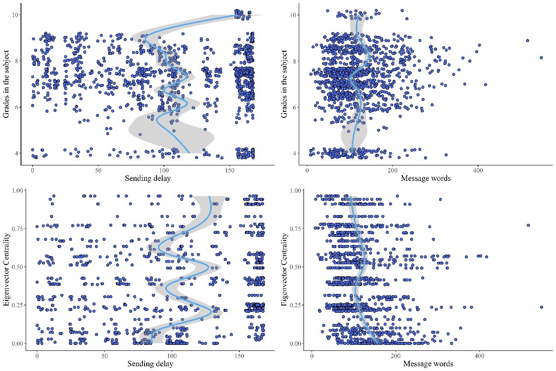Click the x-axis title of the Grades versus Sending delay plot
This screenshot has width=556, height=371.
point(148,179)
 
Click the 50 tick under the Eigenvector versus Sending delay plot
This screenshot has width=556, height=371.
point(104,355)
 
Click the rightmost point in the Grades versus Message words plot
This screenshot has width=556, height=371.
point(541,57)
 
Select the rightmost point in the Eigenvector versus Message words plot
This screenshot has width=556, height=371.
point(541,307)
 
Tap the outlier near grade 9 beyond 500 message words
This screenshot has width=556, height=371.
point(527,41)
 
